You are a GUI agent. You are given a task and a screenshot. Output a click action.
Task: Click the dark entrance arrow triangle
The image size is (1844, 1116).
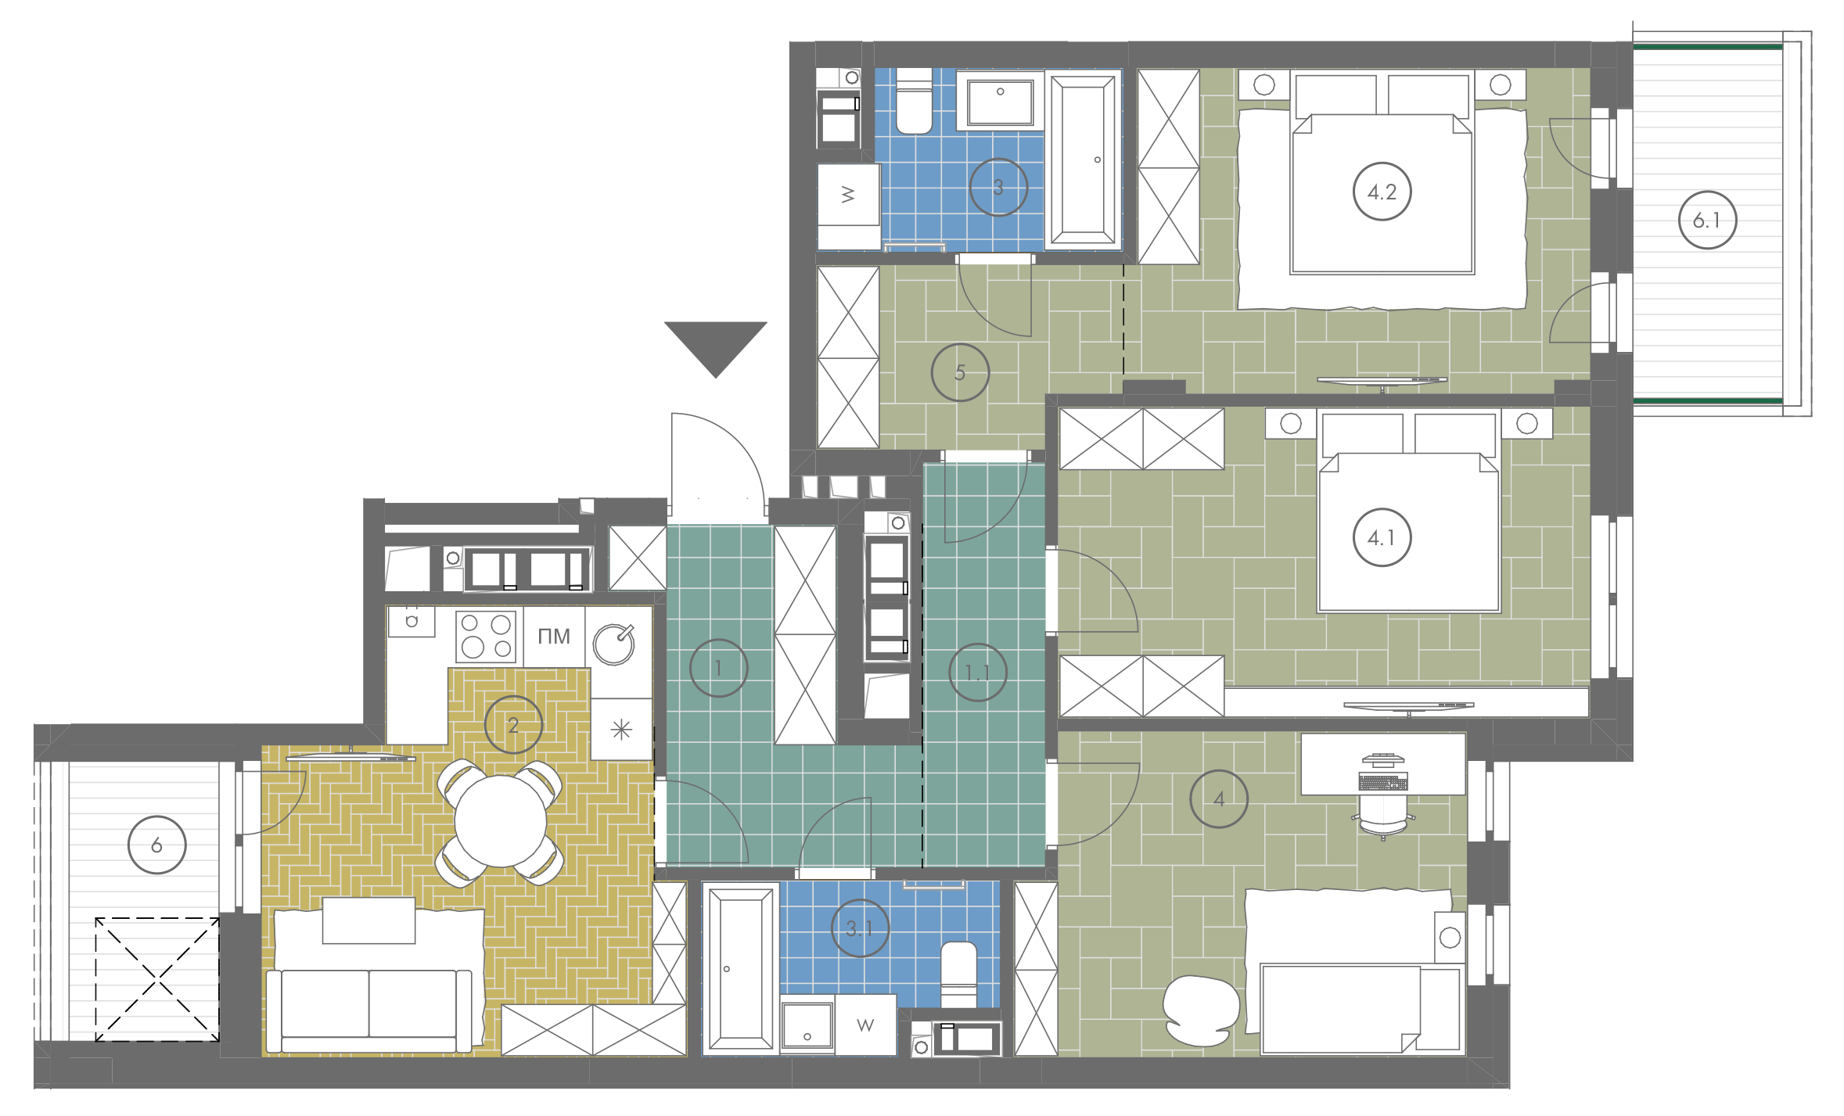tap(715, 344)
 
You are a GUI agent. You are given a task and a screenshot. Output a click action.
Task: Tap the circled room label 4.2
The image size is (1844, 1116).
tap(1382, 192)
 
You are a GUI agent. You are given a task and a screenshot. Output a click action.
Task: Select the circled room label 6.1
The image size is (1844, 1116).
tap(1707, 221)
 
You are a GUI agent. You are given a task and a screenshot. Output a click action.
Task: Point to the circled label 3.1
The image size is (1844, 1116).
tap(860, 928)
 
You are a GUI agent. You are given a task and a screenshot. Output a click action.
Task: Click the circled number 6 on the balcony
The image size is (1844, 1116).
tap(157, 845)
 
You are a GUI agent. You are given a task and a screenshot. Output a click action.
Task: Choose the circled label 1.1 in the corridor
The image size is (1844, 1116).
tap(977, 672)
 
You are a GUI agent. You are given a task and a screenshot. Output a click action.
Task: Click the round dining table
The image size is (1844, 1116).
tap(500, 821)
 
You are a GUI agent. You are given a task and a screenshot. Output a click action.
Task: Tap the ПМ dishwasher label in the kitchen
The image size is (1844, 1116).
tap(554, 637)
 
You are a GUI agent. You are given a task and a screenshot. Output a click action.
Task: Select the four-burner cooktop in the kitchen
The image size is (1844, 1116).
tap(486, 637)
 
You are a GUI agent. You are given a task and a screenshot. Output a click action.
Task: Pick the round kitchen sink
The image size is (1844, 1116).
tap(613, 644)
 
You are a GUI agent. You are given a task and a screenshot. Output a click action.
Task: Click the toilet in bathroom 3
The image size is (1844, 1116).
tap(914, 101)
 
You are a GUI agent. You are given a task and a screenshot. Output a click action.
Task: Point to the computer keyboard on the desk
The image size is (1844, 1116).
tap(1383, 781)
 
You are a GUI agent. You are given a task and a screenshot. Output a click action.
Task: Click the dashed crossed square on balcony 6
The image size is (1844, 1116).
tap(157, 979)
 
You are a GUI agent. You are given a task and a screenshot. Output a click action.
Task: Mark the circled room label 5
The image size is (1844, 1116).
tap(960, 372)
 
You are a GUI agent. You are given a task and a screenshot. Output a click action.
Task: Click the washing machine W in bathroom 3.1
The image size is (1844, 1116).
tap(865, 1024)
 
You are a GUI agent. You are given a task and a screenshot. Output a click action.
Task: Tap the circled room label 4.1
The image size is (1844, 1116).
tap(1382, 537)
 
